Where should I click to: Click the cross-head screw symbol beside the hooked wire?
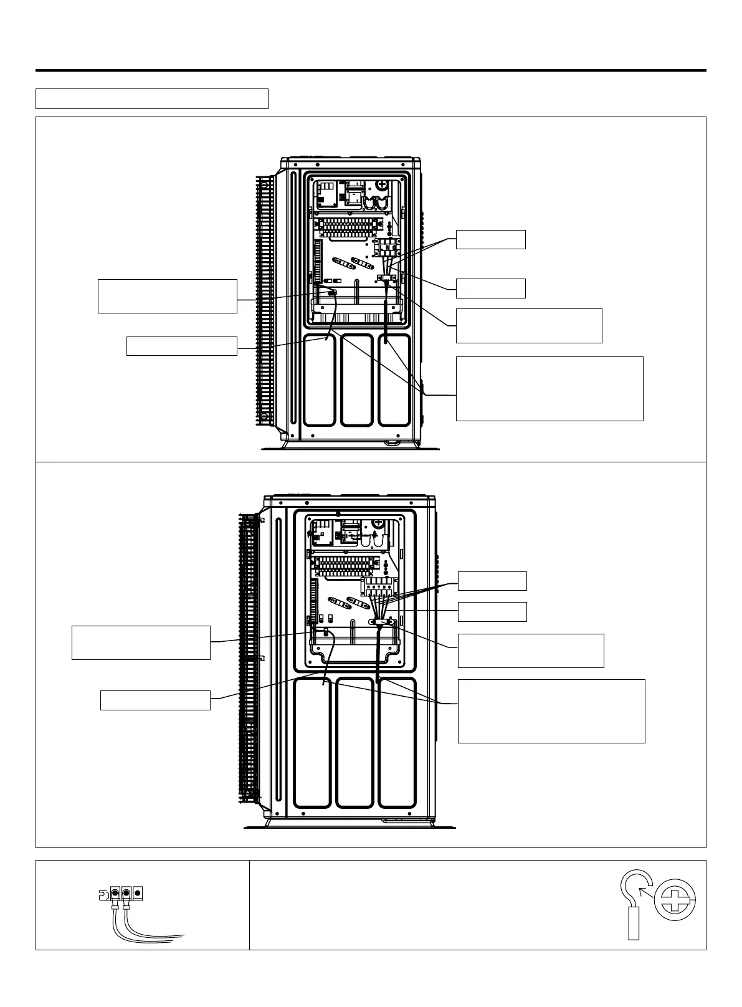coord(675,903)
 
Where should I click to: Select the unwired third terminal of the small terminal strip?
coord(138,892)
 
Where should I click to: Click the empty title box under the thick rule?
coord(151,98)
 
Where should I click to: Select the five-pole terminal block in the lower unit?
coord(379,586)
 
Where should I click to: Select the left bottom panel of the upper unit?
coord(319,380)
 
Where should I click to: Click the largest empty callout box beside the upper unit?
coord(549,389)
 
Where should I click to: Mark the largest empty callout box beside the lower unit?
coord(551,711)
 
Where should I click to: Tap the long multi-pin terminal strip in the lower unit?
coord(346,565)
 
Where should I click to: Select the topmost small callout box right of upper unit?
coord(490,239)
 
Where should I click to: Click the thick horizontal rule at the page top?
coord(371,70)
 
